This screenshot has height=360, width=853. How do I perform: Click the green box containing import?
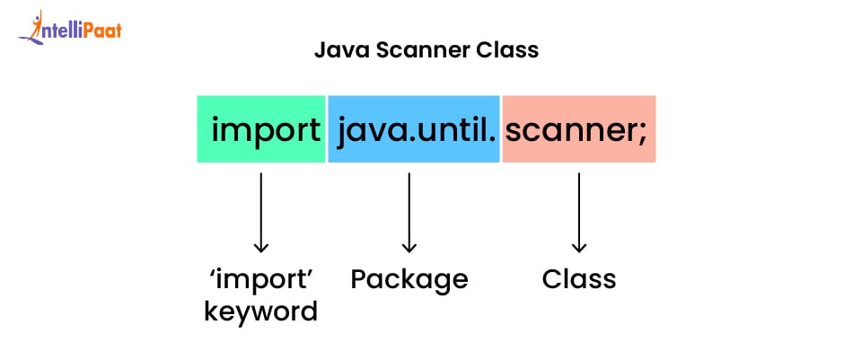coord(261,128)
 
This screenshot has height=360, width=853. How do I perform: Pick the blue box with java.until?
coord(414,128)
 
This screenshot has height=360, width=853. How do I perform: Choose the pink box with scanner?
coord(579,128)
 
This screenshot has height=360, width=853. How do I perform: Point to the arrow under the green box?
coord(261,212)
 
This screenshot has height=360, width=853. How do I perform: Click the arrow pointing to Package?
coord(409,212)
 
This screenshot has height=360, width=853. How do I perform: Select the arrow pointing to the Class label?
coord(579,212)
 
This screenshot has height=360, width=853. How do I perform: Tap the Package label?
coord(409,280)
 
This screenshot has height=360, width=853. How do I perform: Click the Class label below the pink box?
coord(579,279)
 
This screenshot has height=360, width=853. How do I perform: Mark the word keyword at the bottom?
coord(260,312)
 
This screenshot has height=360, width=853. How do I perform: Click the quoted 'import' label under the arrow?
coord(260,279)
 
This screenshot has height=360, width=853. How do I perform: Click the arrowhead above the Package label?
coord(409,246)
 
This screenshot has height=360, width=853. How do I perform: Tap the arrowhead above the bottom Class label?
coord(579,246)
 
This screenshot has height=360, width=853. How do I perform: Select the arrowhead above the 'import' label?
coord(261,246)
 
